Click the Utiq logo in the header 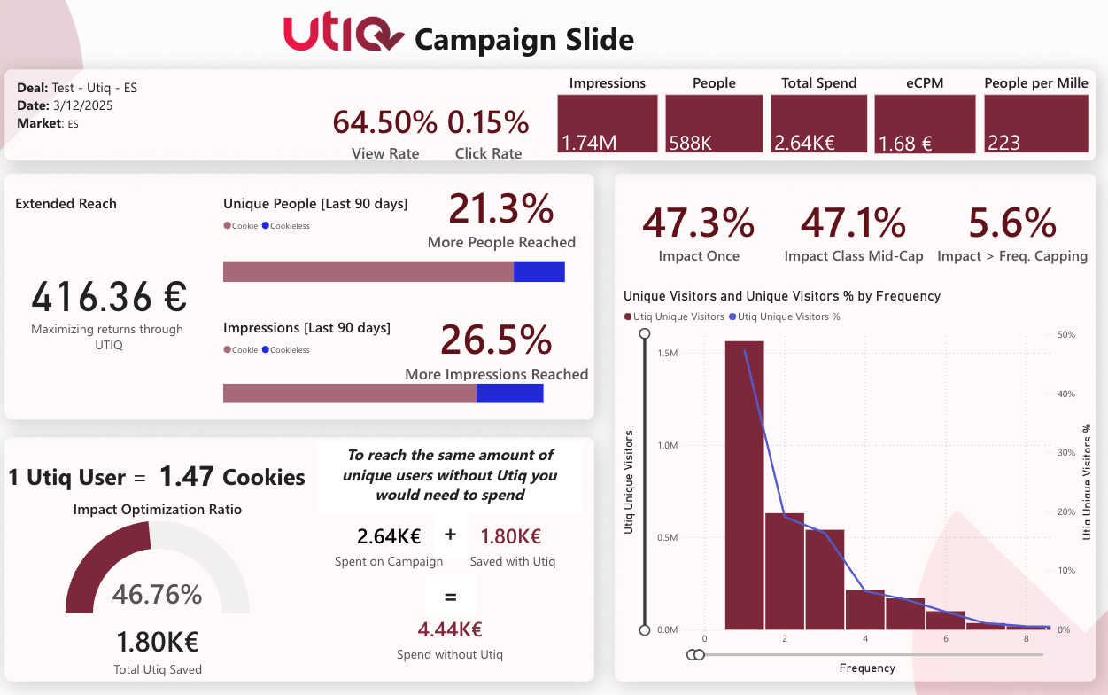click(x=344, y=35)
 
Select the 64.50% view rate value click(x=385, y=122)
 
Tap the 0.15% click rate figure click(x=488, y=122)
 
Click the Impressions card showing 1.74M click(x=608, y=124)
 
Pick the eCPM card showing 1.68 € click(x=925, y=124)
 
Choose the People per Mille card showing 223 click(x=1036, y=124)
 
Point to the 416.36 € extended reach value click(x=109, y=297)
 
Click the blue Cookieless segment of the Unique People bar click(x=539, y=271)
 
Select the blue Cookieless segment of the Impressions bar click(x=510, y=393)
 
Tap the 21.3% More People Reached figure click(x=501, y=209)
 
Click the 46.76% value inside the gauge click(x=157, y=594)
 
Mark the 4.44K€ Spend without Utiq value click(x=450, y=629)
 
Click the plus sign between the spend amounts click(x=450, y=535)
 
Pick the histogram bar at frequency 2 click(x=785, y=571)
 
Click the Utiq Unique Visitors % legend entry click(x=788, y=316)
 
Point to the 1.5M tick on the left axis click(x=668, y=353)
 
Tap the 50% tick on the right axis click(x=1066, y=335)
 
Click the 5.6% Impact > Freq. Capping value click(x=1012, y=223)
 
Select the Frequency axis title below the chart click(x=866, y=668)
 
